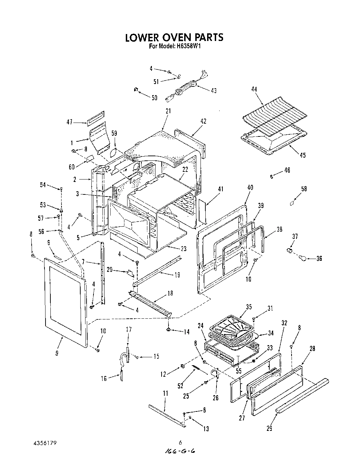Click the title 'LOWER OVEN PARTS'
click(x=174, y=37)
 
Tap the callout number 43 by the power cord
click(x=213, y=91)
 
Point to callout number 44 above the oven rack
click(x=254, y=89)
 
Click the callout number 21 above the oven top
click(x=168, y=111)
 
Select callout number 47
click(x=69, y=122)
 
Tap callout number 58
click(x=304, y=189)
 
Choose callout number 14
click(x=187, y=332)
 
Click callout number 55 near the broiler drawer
click(x=238, y=371)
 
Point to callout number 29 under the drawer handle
click(x=269, y=428)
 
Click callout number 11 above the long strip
click(x=165, y=393)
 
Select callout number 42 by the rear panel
click(x=203, y=121)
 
